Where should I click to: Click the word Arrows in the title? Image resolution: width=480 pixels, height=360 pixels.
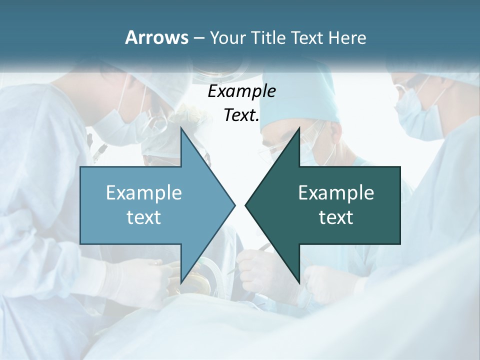click(156, 37)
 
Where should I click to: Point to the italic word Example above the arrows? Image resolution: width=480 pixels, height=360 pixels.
click(241, 91)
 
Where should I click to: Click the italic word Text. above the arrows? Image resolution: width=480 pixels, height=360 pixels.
click(241, 115)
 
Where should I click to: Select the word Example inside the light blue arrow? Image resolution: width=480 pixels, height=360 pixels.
click(144, 192)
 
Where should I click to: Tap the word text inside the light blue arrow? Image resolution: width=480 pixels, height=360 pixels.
click(144, 217)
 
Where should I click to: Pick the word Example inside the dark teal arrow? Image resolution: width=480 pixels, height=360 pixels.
click(336, 192)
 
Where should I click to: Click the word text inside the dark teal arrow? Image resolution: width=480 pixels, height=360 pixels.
click(336, 217)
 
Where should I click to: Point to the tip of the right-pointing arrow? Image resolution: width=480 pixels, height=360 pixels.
click(234, 205)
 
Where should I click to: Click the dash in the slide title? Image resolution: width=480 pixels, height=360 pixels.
click(198, 38)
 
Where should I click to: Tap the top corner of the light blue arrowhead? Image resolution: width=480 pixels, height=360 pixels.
click(181, 128)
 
